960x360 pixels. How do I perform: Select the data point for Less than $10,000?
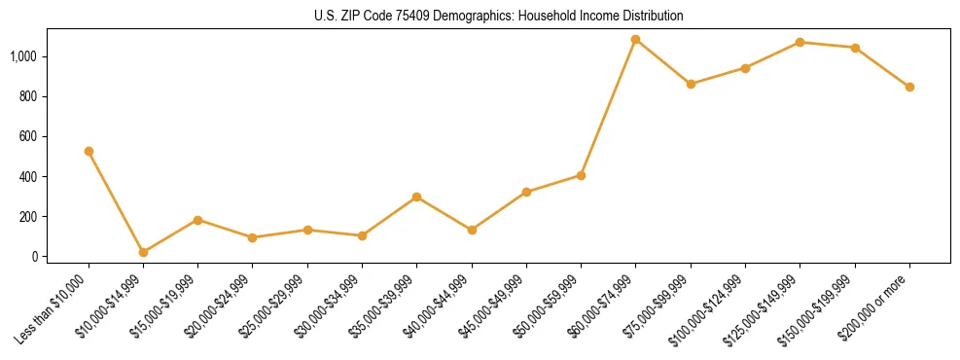(89, 151)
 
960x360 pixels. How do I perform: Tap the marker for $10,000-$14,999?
(143, 252)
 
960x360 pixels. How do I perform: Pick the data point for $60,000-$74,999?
(635, 40)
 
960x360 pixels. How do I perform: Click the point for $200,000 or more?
(909, 87)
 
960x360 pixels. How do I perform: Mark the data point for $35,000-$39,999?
(416, 197)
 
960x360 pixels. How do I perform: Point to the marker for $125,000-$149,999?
(800, 42)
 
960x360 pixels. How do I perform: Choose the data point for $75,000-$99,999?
(691, 84)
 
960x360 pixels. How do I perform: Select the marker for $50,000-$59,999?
(581, 175)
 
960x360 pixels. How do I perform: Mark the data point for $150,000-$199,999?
(855, 48)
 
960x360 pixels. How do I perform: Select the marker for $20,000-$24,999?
(252, 237)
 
